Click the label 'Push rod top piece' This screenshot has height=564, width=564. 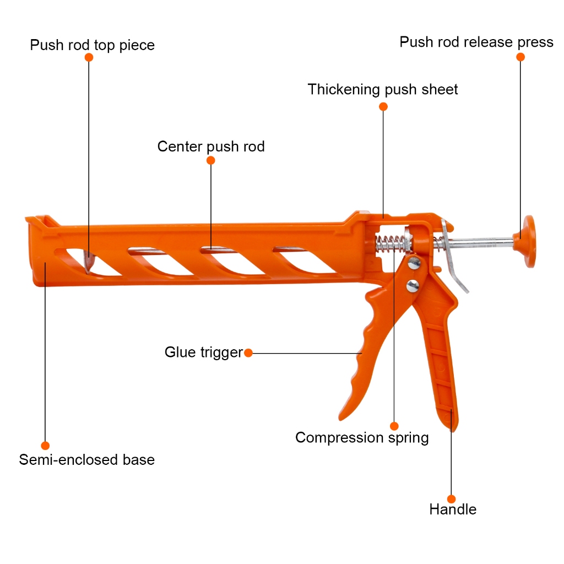pos(92,45)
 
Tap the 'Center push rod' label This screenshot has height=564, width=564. pos(211,147)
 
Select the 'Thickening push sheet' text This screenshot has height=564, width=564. pos(383,89)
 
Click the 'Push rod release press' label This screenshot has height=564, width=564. pos(476,42)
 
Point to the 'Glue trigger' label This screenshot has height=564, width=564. pos(203,352)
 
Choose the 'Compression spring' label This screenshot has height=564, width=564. pos(362,438)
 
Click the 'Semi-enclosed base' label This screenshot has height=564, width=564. pos(86,459)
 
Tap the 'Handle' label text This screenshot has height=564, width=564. pos(452,509)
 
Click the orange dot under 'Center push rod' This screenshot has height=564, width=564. pos(210,160)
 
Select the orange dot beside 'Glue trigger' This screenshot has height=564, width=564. pos(248,352)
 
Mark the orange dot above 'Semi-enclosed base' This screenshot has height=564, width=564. pos(45,445)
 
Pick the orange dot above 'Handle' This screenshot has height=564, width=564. pos(452,499)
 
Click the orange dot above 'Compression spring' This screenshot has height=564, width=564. pos(394,426)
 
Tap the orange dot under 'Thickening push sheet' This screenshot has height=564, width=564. pos(383,107)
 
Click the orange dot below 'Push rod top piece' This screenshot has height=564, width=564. pos(89,57)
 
